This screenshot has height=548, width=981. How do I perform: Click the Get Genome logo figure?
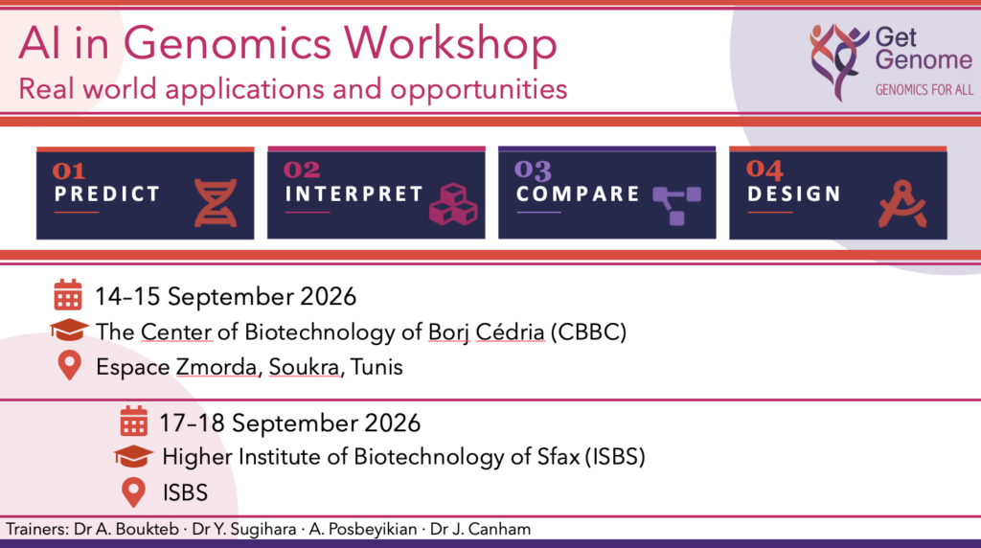pos(838,61)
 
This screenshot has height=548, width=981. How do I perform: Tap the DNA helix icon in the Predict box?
pos(216,203)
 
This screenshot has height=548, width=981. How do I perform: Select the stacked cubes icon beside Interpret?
pos(453,204)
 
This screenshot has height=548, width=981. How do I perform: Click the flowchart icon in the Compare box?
pos(677,205)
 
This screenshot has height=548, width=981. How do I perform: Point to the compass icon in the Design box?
pos(902,204)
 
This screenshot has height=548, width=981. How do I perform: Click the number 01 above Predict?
pos(69,171)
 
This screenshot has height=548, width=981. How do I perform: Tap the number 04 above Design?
pos(764,170)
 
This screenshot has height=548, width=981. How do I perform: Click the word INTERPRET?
pos(354,194)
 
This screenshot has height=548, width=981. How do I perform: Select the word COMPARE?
pos(578,194)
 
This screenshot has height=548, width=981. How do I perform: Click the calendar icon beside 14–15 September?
pos(68,295)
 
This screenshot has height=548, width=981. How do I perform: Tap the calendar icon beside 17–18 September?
pos(133,421)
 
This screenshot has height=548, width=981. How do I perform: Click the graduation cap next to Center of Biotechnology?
pos(69,330)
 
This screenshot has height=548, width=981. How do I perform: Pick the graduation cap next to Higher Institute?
pos(133,456)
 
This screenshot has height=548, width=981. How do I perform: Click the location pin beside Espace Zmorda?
pos(69,365)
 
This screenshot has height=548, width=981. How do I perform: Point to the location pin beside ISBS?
pos(133,492)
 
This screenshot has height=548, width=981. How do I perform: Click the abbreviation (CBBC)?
pos(588,332)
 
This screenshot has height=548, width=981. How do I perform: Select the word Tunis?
pos(376,367)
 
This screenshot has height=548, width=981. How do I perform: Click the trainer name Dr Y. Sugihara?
pos(244,529)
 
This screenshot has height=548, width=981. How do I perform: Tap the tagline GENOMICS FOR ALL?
pos(924,90)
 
